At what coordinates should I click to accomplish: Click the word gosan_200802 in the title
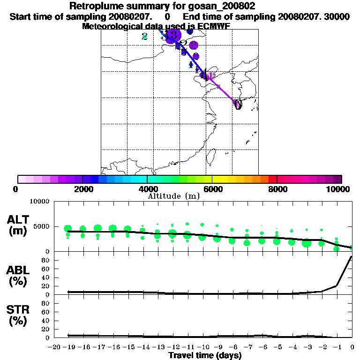click(x=222, y=7)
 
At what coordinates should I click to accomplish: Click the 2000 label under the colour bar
click(x=82, y=189)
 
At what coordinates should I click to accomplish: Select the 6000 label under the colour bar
click(x=213, y=189)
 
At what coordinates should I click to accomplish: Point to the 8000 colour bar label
click(x=277, y=189)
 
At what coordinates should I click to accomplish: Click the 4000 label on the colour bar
click(x=147, y=189)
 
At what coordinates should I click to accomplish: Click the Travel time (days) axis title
click(x=205, y=355)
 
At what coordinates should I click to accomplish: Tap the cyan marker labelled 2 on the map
click(x=144, y=36)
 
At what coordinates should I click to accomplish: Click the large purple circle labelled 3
click(x=173, y=35)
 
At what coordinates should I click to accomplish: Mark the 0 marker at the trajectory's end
click(x=238, y=105)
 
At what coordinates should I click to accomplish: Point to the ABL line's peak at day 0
click(x=352, y=256)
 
